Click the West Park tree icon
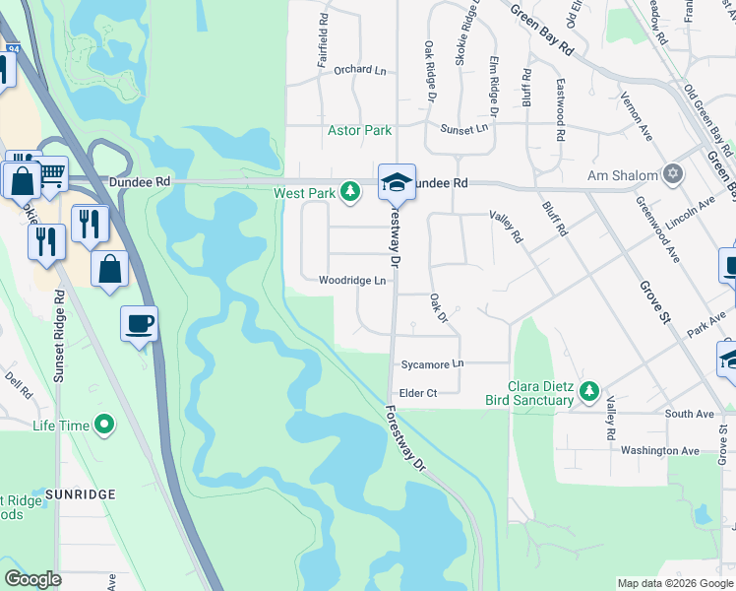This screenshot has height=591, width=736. pyautogui.click(x=349, y=191)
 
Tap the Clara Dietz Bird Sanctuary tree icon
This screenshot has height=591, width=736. pyautogui.click(x=589, y=391)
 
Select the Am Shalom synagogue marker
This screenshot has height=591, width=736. pyautogui.click(x=673, y=175)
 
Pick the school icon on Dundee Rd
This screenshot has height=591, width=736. pyautogui.click(x=397, y=181)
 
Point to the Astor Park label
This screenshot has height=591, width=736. pyautogui.click(x=359, y=130)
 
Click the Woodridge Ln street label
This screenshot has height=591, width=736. pyautogui.click(x=351, y=281)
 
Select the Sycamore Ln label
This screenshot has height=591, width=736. pyautogui.click(x=431, y=364)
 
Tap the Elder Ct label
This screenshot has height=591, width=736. pyautogui.click(x=417, y=393)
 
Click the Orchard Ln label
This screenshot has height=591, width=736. pyautogui.click(x=359, y=70)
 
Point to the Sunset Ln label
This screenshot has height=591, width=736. pyautogui.click(x=463, y=129)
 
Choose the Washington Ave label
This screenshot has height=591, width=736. pyautogui.click(x=659, y=451)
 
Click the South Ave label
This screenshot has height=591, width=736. pyautogui.click(x=689, y=415)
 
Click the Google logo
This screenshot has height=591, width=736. pyautogui.click(x=33, y=579)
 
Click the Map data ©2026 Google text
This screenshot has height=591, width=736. pyautogui.click(x=674, y=583)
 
